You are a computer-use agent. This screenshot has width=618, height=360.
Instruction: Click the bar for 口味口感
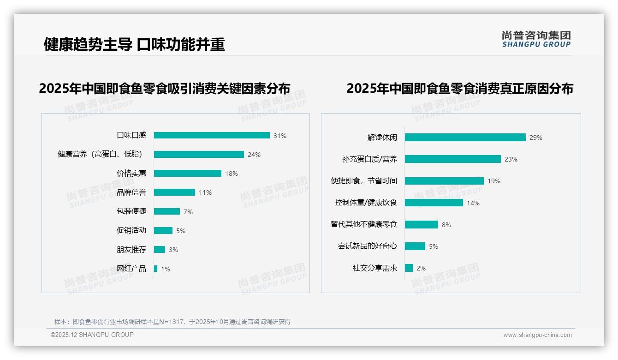(212, 135)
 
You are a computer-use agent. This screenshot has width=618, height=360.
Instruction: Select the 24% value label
(254, 155)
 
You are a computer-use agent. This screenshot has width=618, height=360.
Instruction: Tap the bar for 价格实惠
(188, 174)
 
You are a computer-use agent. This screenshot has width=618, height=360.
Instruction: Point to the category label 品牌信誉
(131, 192)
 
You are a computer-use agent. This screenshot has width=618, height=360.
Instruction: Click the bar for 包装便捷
(167, 211)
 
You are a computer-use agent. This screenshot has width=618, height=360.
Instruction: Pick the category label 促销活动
(131, 230)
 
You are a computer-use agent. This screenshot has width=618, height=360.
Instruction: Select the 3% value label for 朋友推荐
(173, 250)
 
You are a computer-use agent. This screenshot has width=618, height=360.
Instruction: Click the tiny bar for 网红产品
(156, 269)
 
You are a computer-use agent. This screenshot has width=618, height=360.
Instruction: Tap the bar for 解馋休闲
(465, 137)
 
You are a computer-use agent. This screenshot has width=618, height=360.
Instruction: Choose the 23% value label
(511, 159)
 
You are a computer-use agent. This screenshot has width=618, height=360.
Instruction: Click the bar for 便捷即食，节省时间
(444, 181)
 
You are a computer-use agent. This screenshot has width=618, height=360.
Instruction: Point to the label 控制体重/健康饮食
(366, 203)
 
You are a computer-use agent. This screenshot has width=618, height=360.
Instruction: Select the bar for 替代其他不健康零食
(422, 224)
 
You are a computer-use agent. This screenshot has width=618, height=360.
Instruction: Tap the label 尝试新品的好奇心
(367, 246)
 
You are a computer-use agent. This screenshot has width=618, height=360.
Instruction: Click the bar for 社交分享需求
(409, 268)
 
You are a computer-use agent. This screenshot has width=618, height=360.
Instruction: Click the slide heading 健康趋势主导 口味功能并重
(134, 44)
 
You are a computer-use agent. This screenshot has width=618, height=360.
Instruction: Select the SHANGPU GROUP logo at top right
(536, 39)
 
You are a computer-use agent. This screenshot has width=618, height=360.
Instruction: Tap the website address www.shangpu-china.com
(537, 335)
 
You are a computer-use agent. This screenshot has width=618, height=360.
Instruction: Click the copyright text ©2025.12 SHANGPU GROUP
(92, 335)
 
